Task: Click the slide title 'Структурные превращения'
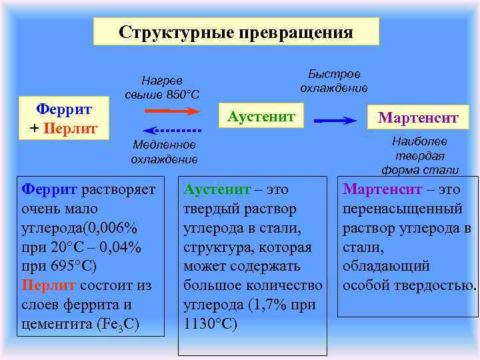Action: click(x=236, y=32)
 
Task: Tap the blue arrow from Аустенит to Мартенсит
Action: click(x=336, y=121)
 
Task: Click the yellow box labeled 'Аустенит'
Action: click(x=261, y=117)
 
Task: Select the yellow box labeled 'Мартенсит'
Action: click(x=418, y=118)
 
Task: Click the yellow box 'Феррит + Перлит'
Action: click(x=63, y=117)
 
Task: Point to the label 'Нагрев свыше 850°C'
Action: click(x=162, y=86)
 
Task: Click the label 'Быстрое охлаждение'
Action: click(x=334, y=81)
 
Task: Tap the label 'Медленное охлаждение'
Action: click(x=164, y=151)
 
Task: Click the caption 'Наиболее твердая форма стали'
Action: click(x=420, y=155)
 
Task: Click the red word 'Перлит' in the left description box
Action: click(x=49, y=285)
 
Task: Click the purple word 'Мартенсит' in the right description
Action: click(x=382, y=190)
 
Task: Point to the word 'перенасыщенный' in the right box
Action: click(x=403, y=209)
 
